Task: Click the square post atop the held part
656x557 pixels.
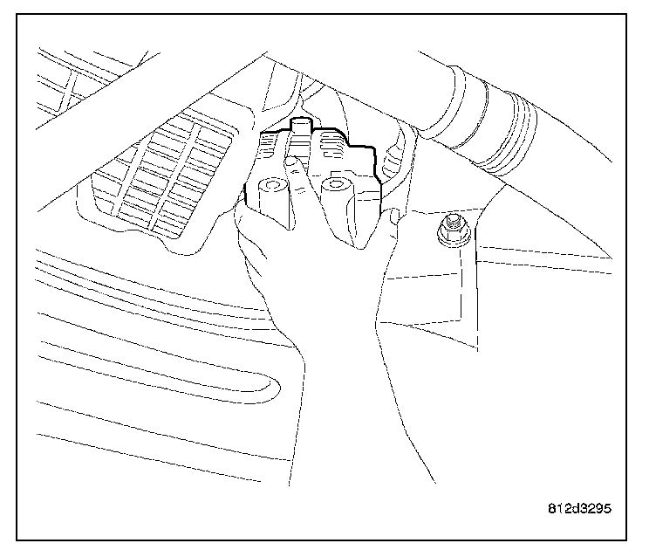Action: pos(301,131)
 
